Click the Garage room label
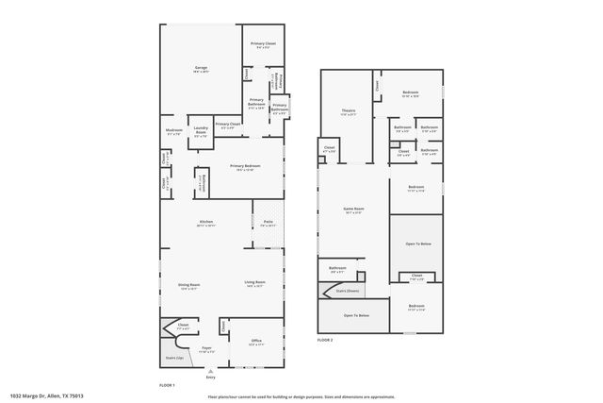coord(201,69)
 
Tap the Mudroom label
coord(173,131)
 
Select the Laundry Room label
coord(201,131)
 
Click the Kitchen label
coord(205,224)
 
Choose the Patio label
coord(269,223)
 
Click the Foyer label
coord(206,350)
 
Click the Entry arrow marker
coord(223,371)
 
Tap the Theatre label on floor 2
coord(348,112)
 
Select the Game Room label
coord(354,210)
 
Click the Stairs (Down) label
coord(345,292)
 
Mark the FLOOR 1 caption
coord(166,385)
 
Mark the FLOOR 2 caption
coord(325,338)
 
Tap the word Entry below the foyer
coord(223,378)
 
